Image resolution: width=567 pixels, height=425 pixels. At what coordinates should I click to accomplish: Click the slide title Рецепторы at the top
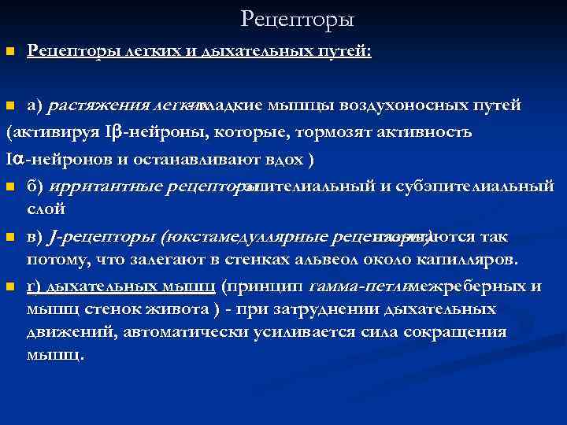(x=298, y=17)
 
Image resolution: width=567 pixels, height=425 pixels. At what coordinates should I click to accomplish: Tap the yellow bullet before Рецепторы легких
(x=9, y=52)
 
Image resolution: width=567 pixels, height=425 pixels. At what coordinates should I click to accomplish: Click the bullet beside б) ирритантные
(x=9, y=187)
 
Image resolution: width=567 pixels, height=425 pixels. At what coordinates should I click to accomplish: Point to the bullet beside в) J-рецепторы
(x=9, y=237)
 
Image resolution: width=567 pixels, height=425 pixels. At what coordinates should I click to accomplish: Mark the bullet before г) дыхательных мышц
(x=9, y=286)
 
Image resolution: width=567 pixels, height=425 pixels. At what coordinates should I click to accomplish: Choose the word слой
(x=46, y=209)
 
